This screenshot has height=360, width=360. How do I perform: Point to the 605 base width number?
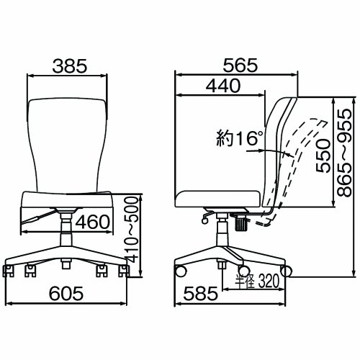pyautogui.click(x=68, y=294)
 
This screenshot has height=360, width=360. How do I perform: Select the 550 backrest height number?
pyautogui.click(x=323, y=153)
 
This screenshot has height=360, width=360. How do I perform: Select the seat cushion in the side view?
pyautogui.click(x=220, y=197)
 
